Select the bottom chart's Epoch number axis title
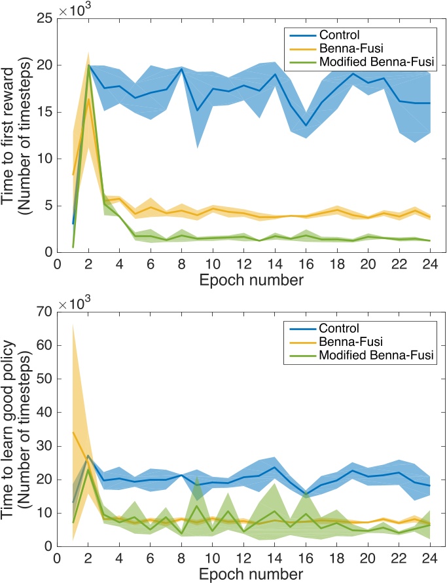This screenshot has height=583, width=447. click(x=243, y=574)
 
